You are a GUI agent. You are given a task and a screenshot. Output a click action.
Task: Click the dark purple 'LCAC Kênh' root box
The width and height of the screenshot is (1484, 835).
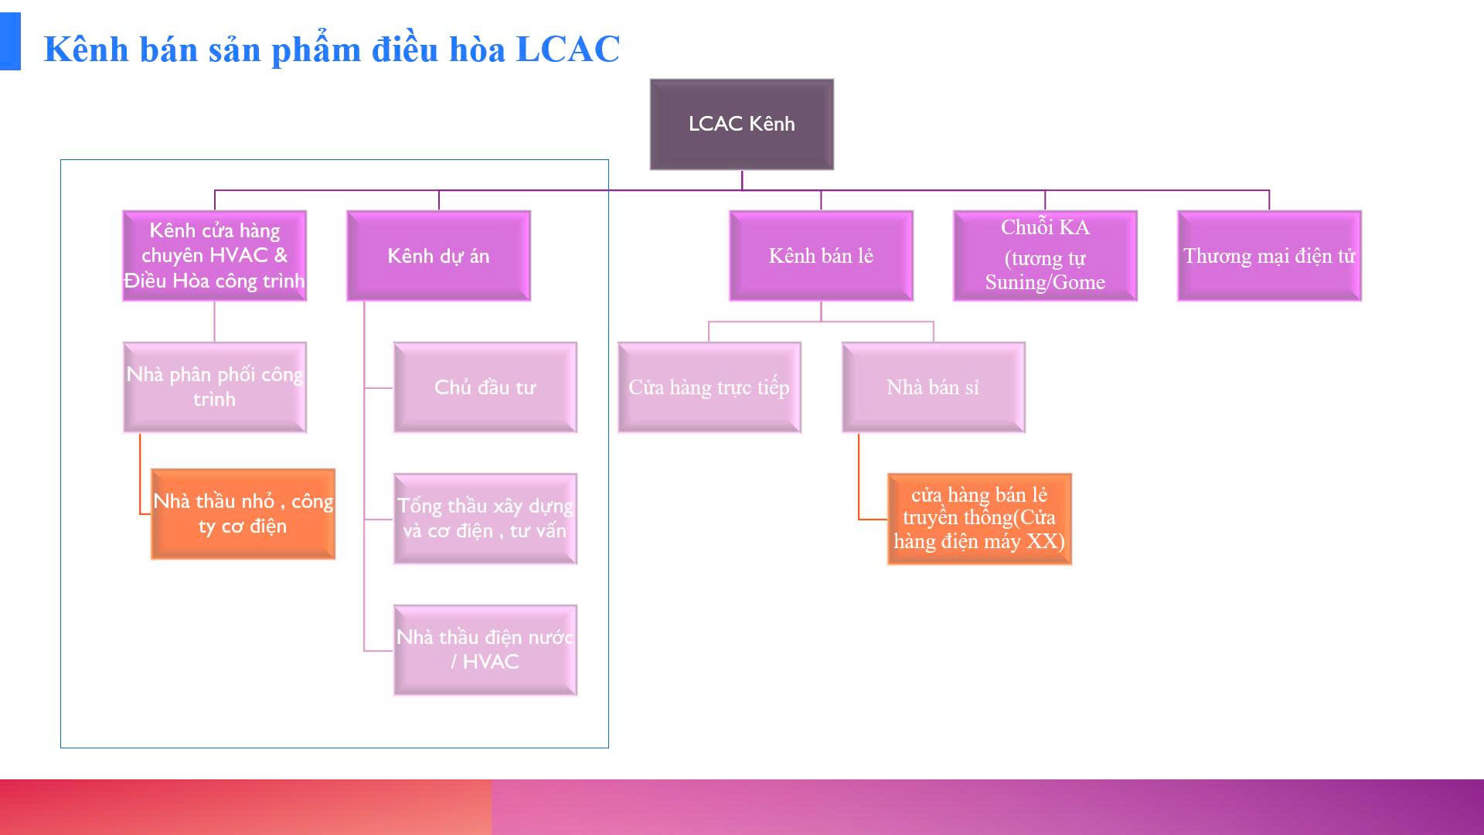[741, 124]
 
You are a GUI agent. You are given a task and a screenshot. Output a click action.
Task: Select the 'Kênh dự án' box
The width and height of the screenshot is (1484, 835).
[438, 256]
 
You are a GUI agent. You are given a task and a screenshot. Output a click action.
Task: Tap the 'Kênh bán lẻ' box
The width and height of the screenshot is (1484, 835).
[821, 256]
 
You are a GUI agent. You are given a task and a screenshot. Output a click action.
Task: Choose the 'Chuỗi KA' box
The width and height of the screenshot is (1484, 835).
[1045, 256]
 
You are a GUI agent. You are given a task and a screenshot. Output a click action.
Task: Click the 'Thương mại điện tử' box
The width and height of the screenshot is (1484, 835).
[1268, 256]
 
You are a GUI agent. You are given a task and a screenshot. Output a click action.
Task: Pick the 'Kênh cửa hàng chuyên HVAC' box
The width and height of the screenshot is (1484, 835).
[214, 256]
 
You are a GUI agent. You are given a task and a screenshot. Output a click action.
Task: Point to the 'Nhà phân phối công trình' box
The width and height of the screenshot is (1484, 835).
[214, 387]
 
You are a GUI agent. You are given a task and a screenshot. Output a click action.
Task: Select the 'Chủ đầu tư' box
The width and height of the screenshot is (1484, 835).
[485, 387]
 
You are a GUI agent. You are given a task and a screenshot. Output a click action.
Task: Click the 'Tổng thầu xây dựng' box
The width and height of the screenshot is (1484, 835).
[485, 518]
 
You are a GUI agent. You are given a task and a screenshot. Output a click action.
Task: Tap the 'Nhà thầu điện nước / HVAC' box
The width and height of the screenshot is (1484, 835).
[485, 649]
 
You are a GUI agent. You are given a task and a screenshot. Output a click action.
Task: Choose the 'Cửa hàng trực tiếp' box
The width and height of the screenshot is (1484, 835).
[709, 387]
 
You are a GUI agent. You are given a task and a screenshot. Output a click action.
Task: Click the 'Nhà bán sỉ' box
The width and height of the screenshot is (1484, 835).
[933, 387]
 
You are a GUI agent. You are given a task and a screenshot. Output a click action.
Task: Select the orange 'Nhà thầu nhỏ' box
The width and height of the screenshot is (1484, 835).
[243, 513]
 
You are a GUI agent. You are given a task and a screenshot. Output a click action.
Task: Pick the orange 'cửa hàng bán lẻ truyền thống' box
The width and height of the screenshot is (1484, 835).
[979, 518]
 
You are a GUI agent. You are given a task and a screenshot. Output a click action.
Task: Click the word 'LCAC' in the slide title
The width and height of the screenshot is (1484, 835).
[567, 49]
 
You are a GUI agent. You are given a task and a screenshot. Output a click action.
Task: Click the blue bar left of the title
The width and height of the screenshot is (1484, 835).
[10, 42]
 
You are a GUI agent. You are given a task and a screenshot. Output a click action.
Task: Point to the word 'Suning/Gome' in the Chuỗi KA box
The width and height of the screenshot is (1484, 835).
[1045, 282]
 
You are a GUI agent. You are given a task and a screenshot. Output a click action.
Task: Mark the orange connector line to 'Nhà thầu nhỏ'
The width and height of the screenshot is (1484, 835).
[140, 479]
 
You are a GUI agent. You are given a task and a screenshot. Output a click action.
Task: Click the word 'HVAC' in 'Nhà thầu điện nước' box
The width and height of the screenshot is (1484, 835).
[491, 662]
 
